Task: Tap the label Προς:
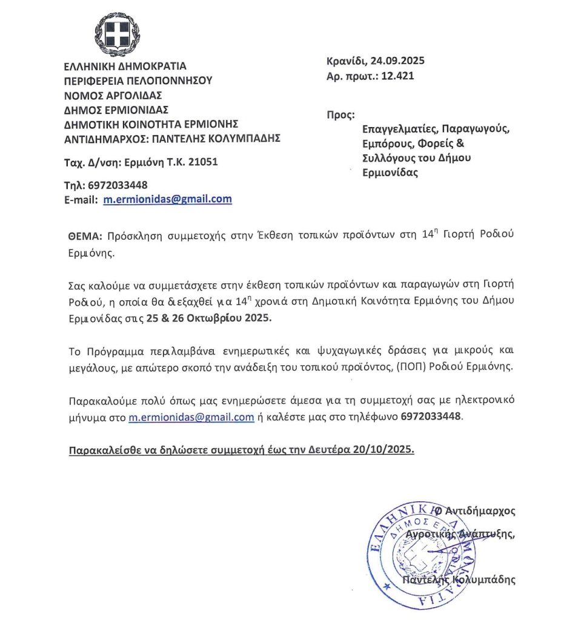click(340, 115)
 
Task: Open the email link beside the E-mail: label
click(167, 199)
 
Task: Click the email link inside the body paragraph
click(191, 417)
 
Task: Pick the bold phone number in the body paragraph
click(431, 417)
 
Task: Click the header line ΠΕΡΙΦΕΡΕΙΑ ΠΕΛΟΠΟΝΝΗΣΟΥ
click(138, 81)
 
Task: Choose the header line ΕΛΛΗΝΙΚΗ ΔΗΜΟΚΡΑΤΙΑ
click(125, 66)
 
